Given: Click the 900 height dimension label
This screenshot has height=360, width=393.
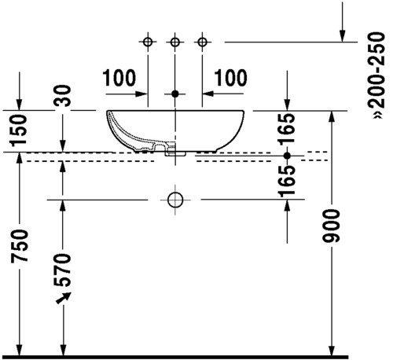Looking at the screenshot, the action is point(331,226).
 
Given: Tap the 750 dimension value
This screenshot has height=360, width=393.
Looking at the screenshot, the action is point(19,246).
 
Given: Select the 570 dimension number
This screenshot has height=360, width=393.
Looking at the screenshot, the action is point(62,270).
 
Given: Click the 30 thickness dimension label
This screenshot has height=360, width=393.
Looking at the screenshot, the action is point(63,96).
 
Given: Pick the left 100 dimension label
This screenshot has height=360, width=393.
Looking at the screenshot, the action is point(119,78).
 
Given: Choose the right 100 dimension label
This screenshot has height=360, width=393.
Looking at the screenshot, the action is point(230,78).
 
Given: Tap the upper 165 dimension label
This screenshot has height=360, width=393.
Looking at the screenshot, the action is point(287,129).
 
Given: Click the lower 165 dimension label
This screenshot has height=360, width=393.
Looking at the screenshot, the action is point(287,182).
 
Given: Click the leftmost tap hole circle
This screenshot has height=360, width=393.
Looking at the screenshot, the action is point(148,42).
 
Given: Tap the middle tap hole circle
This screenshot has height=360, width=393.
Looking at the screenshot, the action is point(174,42).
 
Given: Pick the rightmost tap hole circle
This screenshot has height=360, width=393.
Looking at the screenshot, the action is point(202,42).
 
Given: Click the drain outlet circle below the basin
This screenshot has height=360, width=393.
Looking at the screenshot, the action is point(175,200).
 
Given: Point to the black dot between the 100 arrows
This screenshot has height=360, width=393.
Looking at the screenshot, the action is point(175,94).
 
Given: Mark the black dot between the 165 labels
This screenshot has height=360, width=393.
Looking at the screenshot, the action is point(287,156).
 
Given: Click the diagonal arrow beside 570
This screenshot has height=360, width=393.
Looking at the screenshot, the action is point(64,298).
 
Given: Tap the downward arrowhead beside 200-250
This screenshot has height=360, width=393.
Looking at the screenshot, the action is point(342,36).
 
